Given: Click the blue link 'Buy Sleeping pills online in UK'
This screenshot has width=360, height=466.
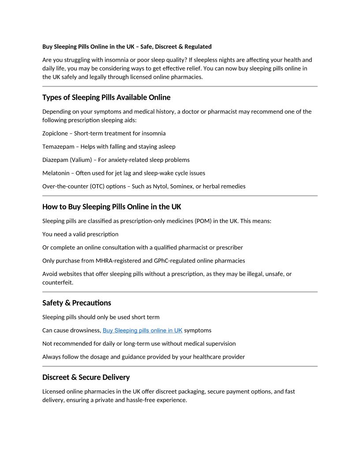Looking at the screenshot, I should (142, 331).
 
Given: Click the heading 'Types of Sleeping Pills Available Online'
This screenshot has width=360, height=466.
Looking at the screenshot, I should (106, 98).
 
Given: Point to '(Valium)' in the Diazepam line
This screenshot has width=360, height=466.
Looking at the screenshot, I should (80, 160).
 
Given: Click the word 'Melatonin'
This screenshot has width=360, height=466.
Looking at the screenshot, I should (56, 173).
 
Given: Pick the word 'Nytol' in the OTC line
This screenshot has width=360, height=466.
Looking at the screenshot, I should (161, 186).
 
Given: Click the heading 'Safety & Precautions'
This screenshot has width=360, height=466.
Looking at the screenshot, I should (77, 303).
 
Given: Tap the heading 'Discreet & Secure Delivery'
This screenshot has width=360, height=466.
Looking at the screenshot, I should (86, 377).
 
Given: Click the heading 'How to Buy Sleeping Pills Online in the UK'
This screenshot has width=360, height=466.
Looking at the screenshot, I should (112, 207).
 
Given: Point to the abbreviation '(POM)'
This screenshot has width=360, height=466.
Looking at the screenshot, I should (202, 221).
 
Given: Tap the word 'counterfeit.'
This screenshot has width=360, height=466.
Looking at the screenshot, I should (58, 282).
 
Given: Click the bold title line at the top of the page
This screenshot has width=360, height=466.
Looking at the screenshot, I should (127, 46).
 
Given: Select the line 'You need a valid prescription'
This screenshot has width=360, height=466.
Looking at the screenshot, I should (80, 234).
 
